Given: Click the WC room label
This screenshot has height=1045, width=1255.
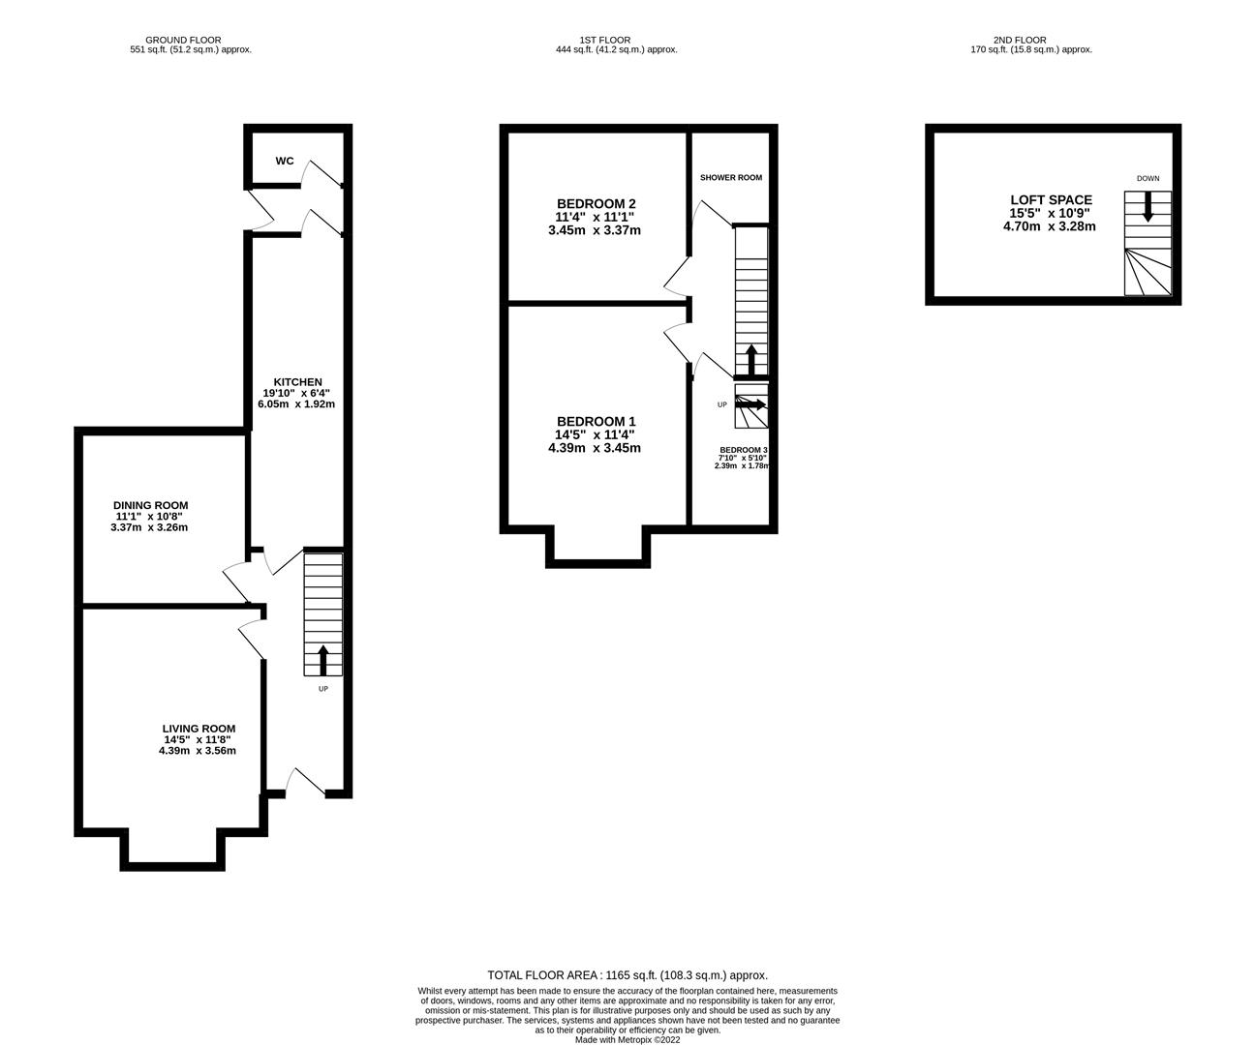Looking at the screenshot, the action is tap(285, 161).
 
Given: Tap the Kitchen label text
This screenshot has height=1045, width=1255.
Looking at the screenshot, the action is tap(297, 382).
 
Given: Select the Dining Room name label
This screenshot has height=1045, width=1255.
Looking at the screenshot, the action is tap(150, 506).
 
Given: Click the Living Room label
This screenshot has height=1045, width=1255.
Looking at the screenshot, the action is tap(199, 729).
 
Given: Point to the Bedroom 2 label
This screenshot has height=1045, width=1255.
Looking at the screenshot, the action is tap(596, 204).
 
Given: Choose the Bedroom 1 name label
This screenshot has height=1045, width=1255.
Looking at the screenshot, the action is tap(596, 422).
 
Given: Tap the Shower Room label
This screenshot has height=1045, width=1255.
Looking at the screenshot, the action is tap(731, 178).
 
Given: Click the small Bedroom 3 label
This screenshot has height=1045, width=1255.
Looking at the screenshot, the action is tap(744, 450).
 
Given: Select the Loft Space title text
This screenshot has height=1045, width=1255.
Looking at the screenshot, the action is tap(1052, 200).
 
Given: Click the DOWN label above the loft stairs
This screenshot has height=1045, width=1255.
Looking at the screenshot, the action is tap(1148, 178).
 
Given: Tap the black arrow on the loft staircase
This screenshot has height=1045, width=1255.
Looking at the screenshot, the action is tap(1148, 207).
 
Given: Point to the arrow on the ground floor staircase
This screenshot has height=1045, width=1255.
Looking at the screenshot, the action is tap(322, 661).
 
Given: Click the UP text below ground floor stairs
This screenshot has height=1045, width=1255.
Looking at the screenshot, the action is tap(323, 689).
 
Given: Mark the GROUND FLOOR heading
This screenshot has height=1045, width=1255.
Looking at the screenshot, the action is tap(183, 41).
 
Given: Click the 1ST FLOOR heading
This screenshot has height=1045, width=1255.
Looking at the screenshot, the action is tap(604, 41).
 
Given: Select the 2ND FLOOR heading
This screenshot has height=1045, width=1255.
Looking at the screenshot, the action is tap(1020, 41).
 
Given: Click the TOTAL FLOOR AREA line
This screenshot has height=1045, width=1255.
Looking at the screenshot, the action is tap(627, 975).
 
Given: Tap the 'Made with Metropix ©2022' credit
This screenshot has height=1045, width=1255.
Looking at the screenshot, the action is tap(627, 1039).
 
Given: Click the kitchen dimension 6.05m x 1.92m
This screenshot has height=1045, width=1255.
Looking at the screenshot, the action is tap(296, 404).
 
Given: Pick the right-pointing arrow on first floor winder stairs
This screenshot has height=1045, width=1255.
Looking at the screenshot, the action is tap(751, 404).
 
